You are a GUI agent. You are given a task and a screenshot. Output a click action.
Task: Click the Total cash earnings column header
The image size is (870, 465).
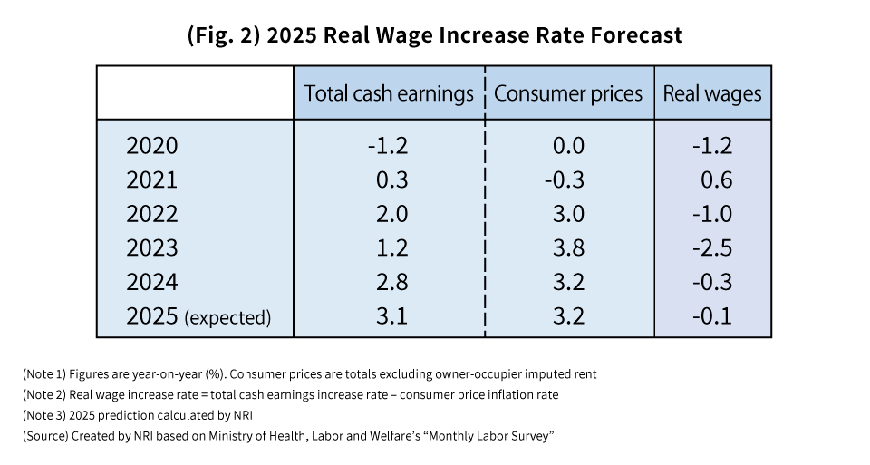pyautogui.click(x=389, y=93)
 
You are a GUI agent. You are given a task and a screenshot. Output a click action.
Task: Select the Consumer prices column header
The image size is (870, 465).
pyautogui.click(x=568, y=93)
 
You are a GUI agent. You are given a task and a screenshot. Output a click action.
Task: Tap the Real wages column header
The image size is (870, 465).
pyautogui.click(x=712, y=93)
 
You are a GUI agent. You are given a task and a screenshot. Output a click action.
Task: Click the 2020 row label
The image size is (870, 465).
pyautogui.click(x=152, y=145)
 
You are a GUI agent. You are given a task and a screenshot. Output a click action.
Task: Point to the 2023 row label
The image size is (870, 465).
pyautogui.click(x=152, y=247)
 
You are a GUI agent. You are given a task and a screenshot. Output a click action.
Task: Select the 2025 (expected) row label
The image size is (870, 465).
pyautogui.click(x=198, y=317)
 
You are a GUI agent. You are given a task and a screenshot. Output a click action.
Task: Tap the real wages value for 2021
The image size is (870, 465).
pyautogui.click(x=716, y=179)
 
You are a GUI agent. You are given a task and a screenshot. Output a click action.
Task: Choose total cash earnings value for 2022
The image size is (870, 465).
pyautogui.click(x=391, y=214)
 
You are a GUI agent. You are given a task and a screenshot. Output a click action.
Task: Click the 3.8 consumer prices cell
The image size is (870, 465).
pyautogui.click(x=568, y=247)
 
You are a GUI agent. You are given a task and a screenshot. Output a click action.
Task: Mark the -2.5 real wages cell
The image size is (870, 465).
pyautogui.click(x=712, y=247)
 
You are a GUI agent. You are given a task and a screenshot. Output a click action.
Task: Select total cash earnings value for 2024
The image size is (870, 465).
pyautogui.click(x=391, y=282)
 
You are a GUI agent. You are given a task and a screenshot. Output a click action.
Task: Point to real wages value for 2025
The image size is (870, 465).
pyautogui.click(x=712, y=317)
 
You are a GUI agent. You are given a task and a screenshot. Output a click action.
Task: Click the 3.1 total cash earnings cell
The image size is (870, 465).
pyautogui.click(x=391, y=317)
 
